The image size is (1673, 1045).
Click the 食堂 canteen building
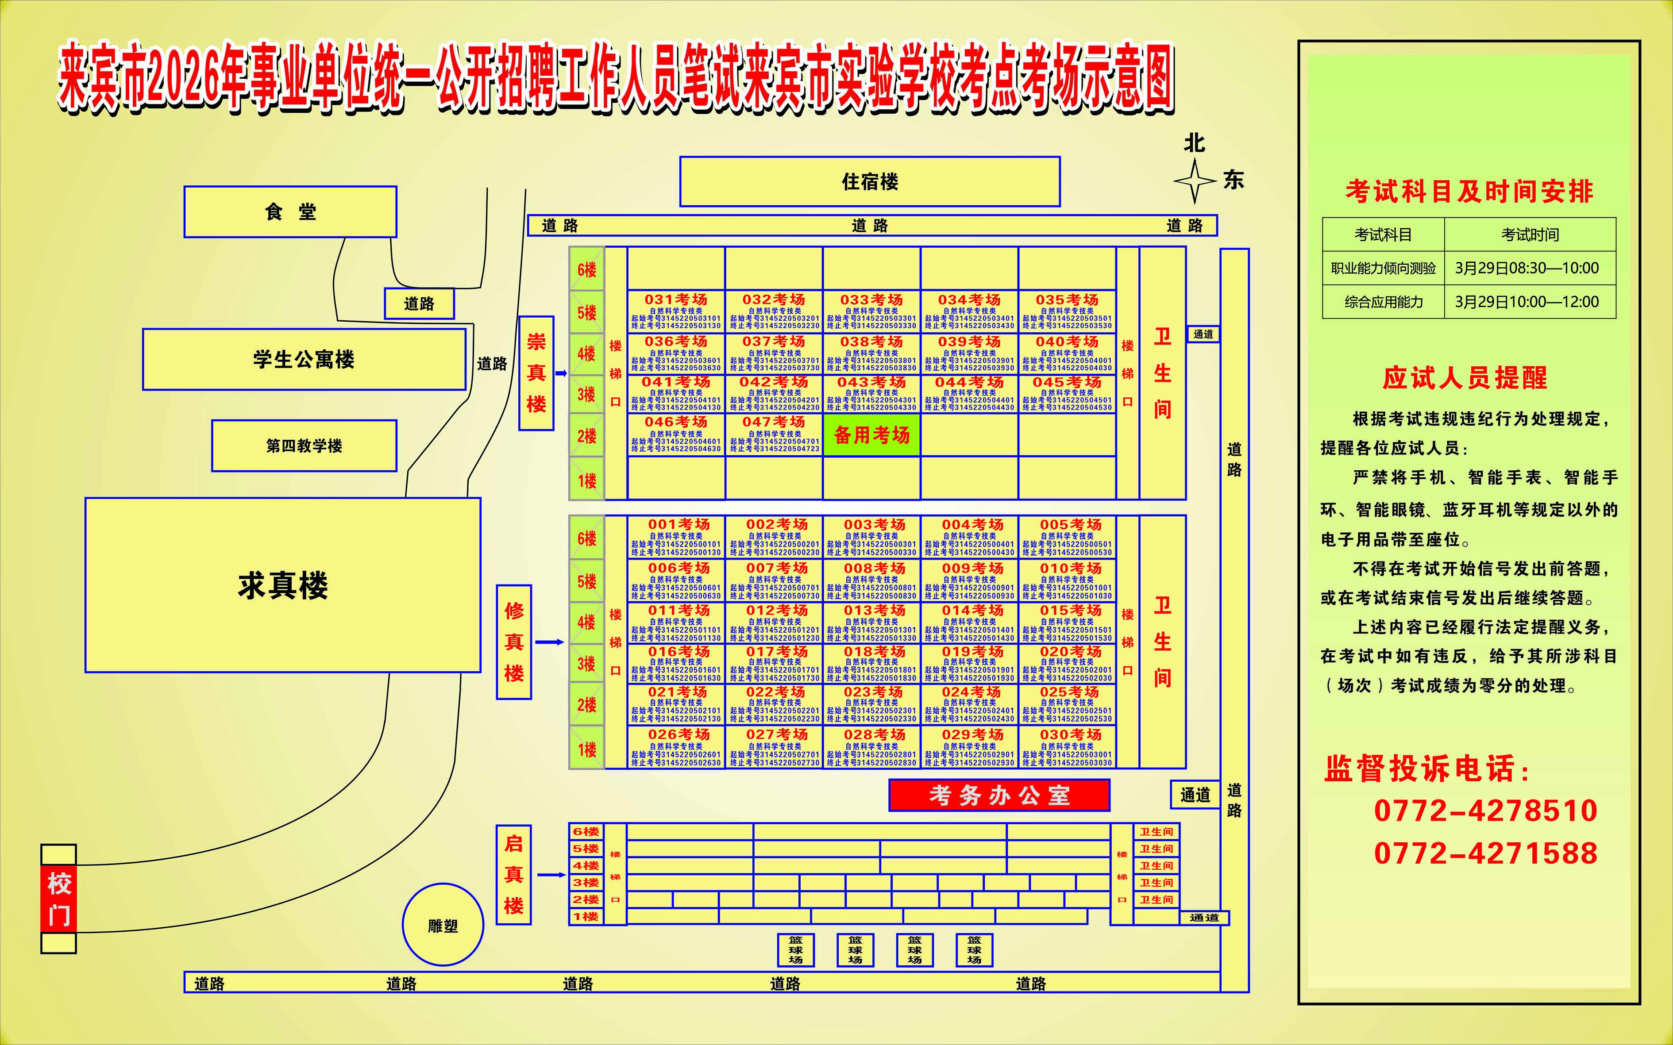click(290, 211)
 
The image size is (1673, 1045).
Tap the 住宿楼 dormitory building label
click(870, 182)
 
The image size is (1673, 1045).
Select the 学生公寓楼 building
click(304, 359)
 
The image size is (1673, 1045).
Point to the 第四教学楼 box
click(304, 446)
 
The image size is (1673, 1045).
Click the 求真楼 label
click(283, 585)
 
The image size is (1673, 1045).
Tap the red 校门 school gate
click(59, 899)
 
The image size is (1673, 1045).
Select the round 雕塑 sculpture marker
click(443, 925)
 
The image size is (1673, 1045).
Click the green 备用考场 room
click(872, 435)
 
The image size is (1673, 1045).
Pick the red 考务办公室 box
click(999, 795)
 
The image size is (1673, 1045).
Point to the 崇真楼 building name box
click(536, 373)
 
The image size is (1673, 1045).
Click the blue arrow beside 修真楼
click(550, 642)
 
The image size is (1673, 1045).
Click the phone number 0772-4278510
click(1485, 811)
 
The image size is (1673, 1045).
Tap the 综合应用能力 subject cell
click(1384, 302)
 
